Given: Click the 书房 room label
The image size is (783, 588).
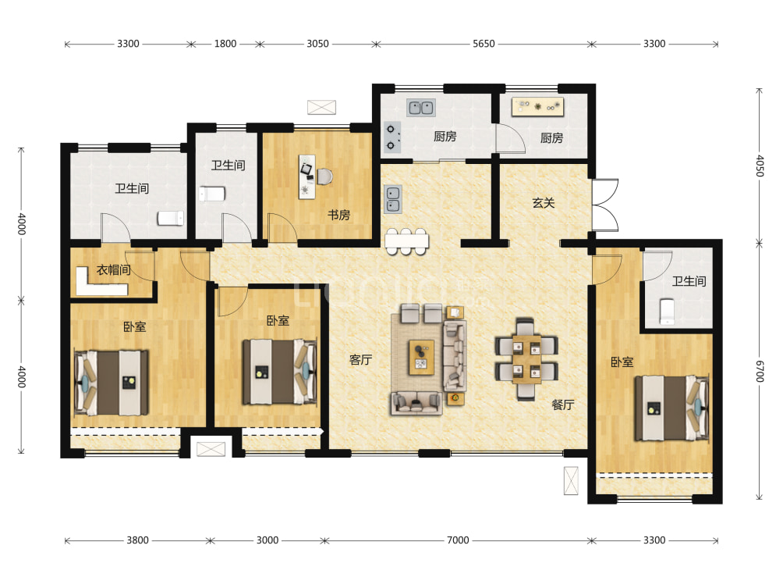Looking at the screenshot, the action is [338, 215].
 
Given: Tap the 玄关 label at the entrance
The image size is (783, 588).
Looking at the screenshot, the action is [544, 203].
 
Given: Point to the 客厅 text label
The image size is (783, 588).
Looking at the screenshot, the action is [360, 359].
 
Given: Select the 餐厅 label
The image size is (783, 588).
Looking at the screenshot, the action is [563, 404].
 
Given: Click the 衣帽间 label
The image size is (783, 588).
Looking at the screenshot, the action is [113, 270].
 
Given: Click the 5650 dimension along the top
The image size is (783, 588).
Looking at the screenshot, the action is [484, 44].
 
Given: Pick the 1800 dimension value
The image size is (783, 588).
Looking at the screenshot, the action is [225, 44].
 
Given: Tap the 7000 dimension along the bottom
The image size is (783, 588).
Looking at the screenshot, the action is [458, 540].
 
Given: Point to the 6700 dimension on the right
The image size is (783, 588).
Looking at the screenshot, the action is [760, 371].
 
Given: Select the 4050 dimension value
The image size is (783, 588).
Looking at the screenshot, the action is [760, 166].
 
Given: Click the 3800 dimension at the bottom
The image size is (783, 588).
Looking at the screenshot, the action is [137, 540].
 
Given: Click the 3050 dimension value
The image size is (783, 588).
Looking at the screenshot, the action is [317, 44].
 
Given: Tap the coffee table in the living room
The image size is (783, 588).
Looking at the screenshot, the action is [421, 357].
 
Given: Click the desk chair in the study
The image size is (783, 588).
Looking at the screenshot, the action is [324, 176].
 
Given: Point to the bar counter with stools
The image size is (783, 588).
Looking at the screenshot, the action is [406, 241].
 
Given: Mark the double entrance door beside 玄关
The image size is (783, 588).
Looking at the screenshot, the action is [605, 205].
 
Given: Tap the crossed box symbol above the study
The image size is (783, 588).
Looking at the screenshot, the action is [321, 107].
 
